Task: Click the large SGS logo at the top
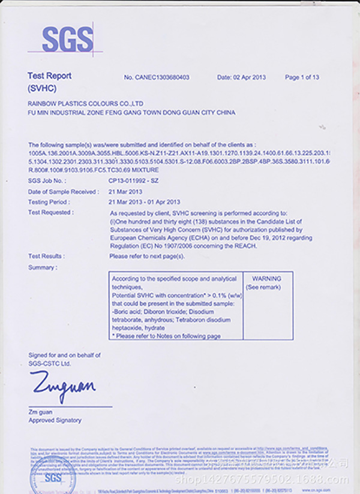coord(68,39)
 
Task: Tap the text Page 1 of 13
coord(302,77)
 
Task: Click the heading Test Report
coord(50,76)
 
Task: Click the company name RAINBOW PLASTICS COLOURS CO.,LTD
coord(85,103)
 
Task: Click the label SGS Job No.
coord(46,180)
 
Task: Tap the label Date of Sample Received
coord(63,191)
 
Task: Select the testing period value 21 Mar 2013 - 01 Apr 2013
coord(145,202)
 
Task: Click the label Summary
coord(43,267)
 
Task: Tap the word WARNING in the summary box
coord(267,279)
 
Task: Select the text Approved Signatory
coord(55,420)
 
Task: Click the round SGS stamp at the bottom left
coord(53,477)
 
